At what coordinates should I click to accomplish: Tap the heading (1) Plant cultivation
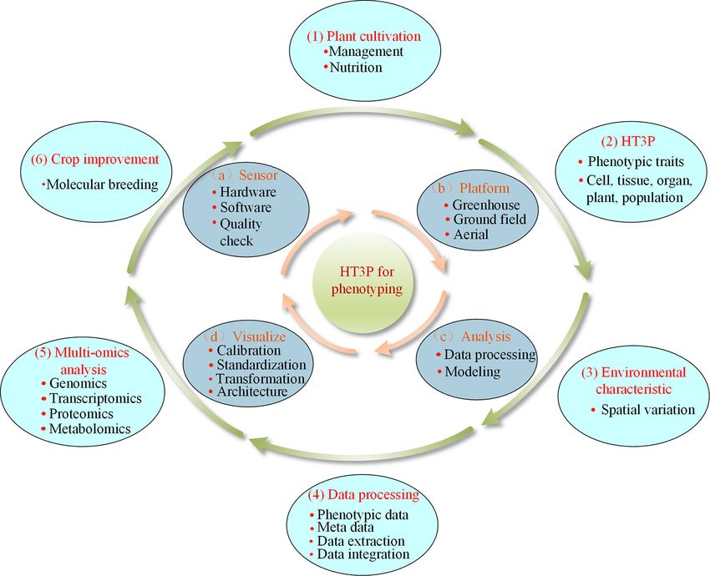pos(373,36)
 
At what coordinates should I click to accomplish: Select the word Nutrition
pos(356,67)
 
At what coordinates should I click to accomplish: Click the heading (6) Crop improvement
pos(94,158)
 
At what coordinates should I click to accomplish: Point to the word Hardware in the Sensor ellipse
pos(246,193)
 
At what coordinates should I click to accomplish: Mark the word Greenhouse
pos(486,205)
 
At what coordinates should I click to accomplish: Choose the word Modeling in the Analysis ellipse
pos(473,371)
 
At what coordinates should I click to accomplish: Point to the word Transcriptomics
pos(91,397)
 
